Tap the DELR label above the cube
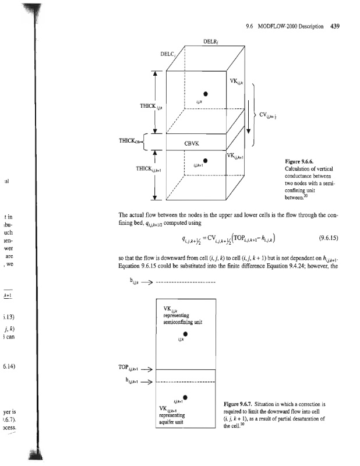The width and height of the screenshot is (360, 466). coord(211,42)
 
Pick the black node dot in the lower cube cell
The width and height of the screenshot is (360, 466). coord(205,161)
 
